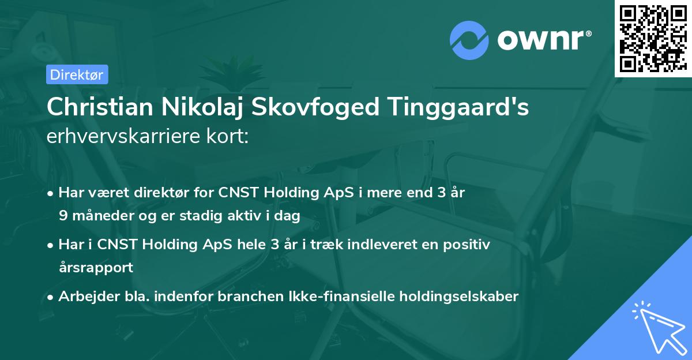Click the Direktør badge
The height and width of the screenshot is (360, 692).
click(76, 74)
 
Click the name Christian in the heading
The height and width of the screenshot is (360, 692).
click(96, 107)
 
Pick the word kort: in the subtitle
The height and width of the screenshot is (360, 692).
click(228, 136)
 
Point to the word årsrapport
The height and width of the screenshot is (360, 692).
click(96, 267)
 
